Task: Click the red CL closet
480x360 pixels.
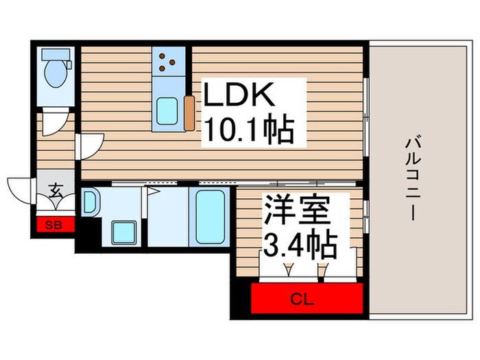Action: [x=306, y=298]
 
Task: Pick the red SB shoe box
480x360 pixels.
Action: [x=51, y=224]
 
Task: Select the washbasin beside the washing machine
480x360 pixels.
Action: [x=91, y=202]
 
